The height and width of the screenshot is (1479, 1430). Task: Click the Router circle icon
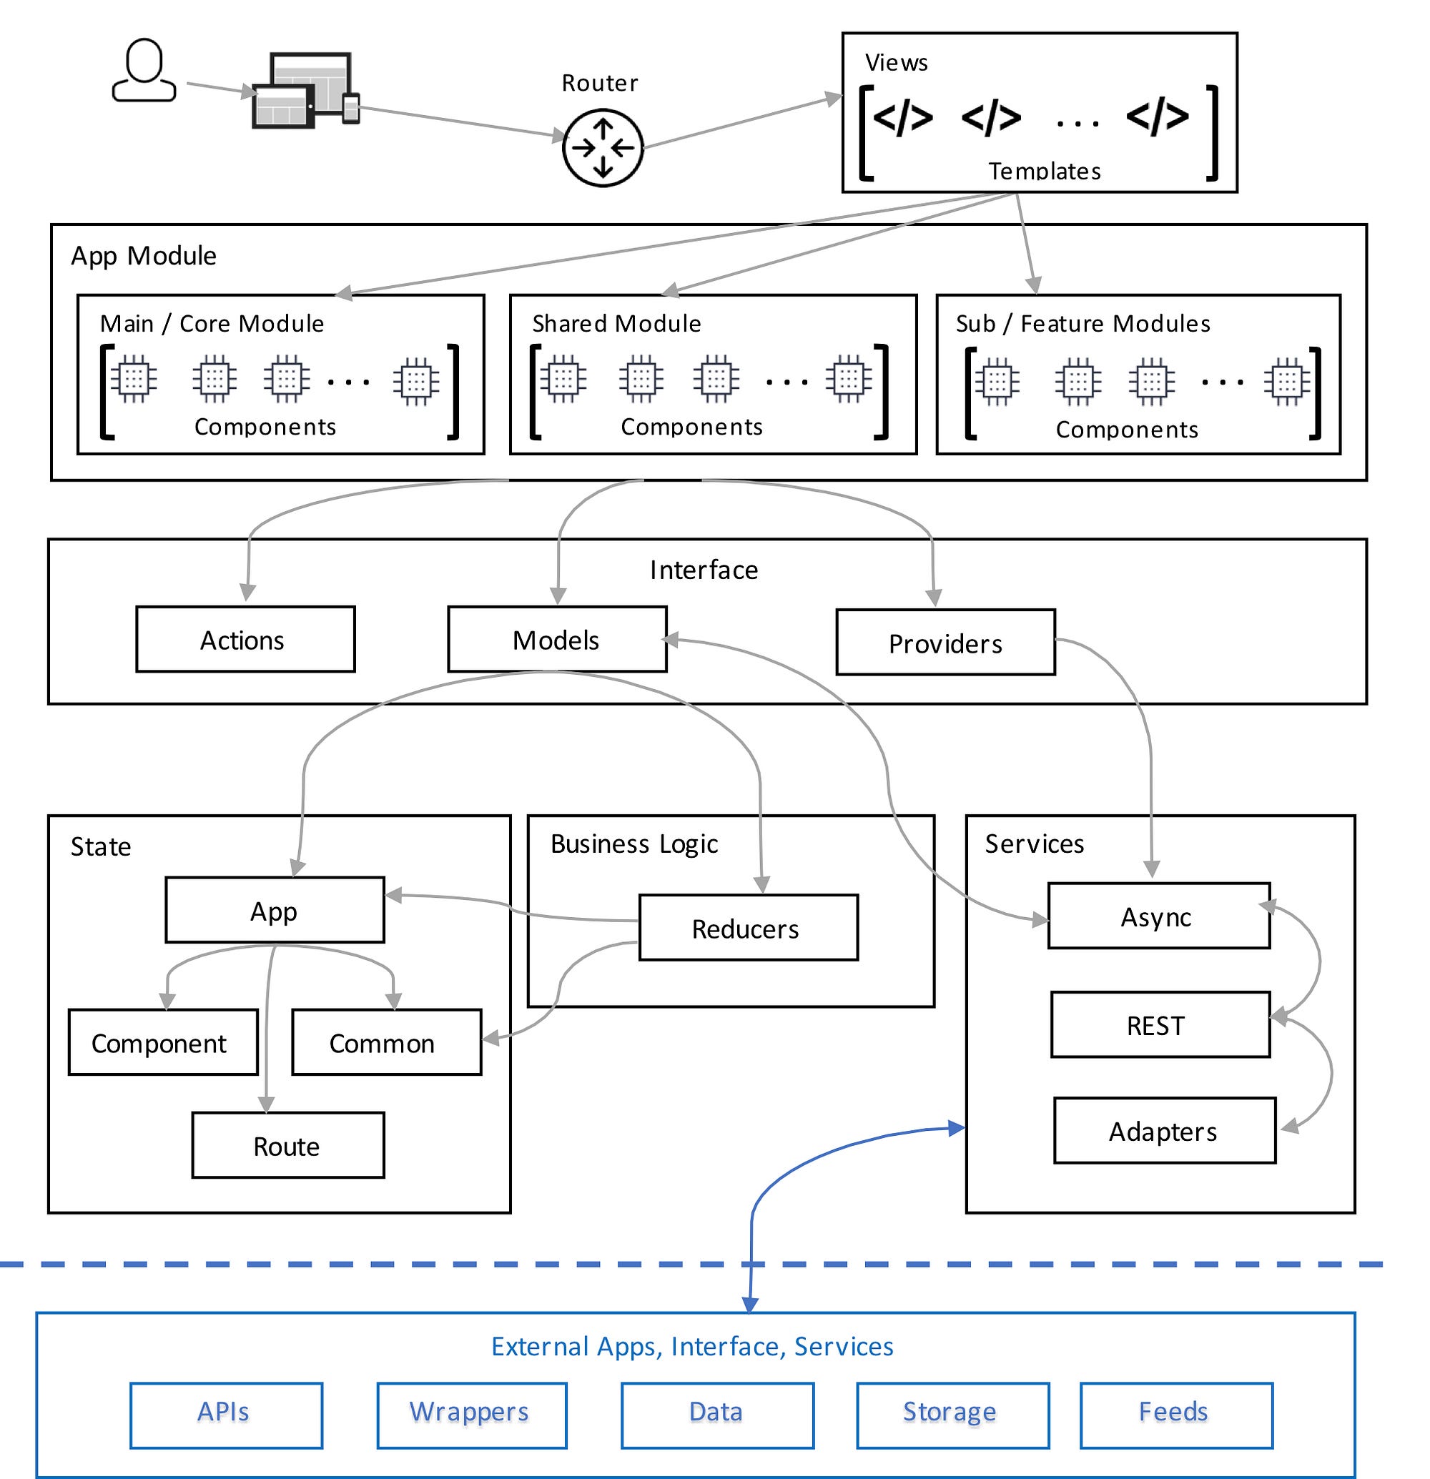click(x=602, y=148)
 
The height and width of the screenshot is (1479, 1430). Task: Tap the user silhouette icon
click(x=144, y=71)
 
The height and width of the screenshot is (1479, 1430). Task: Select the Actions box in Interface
click(x=245, y=640)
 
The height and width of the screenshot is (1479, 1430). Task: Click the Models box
click(x=557, y=640)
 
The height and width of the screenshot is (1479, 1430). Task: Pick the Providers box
click(x=945, y=643)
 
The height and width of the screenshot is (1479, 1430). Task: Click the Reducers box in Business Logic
click(x=748, y=928)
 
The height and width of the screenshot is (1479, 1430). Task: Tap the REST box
click(x=1159, y=1025)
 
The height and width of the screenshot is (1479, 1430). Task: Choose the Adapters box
click(x=1163, y=1131)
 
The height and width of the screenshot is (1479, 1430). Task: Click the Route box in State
click(x=287, y=1145)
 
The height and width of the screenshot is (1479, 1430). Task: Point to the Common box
click(x=385, y=1043)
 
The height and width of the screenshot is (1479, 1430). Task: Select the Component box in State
click(x=162, y=1043)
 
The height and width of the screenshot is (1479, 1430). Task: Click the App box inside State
click(x=275, y=911)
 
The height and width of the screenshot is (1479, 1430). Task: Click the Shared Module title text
click(x=616, y=324)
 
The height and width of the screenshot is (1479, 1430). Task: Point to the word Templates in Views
click(x=1045, y=172)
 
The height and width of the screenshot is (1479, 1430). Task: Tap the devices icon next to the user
click(x=304, y=91)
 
